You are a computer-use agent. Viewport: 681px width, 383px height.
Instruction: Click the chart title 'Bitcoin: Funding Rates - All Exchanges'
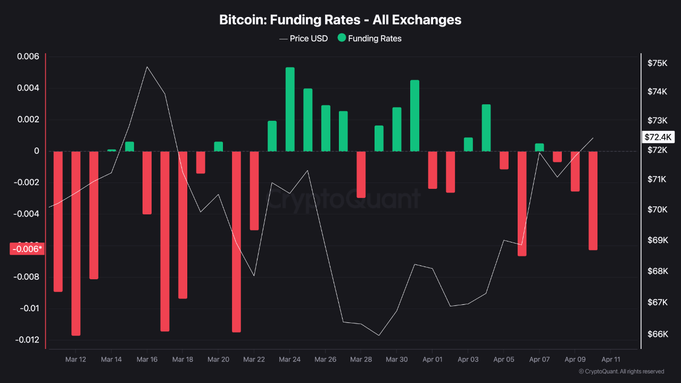340,20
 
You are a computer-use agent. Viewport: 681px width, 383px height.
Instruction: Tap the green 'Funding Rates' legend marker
342,38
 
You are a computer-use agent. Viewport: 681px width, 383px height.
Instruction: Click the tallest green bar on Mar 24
290,109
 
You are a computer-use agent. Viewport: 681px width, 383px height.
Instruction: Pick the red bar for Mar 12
76,243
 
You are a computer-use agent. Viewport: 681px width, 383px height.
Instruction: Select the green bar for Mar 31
414,115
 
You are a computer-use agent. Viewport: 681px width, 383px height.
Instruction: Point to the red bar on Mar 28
361,174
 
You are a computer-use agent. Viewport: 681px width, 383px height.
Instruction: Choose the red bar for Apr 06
521,204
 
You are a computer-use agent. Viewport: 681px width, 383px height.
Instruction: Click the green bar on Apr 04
486,128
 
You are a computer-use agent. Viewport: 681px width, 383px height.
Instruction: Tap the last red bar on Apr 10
593,201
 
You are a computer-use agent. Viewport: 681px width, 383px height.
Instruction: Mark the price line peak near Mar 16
147,67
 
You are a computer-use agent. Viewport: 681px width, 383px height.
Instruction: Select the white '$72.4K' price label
658,137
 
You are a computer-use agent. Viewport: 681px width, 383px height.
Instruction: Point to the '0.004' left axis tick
28,88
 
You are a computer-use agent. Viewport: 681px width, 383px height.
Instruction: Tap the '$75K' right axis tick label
657,63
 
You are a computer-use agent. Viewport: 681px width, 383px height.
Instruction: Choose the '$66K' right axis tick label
657,334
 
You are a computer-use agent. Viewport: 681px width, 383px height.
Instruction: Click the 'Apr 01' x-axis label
432,360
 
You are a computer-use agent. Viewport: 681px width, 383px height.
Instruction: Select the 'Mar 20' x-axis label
218,360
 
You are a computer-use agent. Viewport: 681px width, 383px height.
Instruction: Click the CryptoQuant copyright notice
621,371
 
